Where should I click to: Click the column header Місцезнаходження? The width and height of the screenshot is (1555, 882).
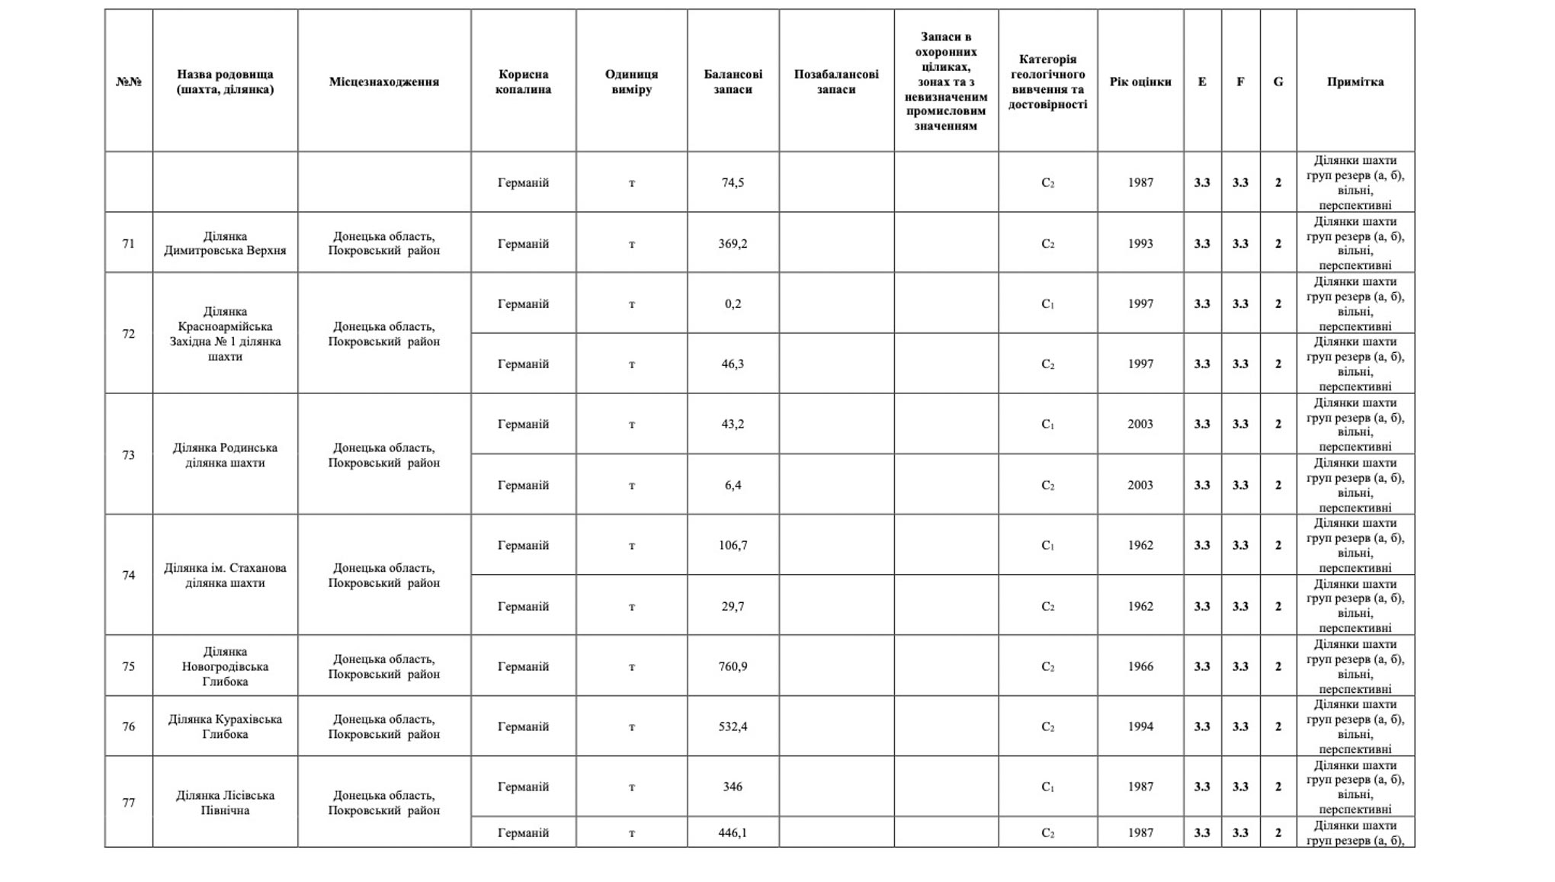383,82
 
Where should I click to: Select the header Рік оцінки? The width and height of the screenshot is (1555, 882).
1140,82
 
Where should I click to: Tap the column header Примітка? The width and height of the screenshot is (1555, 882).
1355,82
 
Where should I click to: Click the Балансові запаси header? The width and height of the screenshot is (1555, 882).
733,82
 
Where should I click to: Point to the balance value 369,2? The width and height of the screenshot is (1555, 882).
733,244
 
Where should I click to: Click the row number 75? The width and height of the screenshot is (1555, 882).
128,666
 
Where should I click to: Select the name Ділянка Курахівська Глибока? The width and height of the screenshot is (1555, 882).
225,726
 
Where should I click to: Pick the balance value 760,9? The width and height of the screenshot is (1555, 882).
733,666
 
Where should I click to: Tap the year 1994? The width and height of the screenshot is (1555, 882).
1140,726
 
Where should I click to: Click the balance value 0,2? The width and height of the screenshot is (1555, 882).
733,303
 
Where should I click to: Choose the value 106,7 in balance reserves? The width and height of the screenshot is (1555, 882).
733,545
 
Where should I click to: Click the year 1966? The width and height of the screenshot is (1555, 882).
1140,666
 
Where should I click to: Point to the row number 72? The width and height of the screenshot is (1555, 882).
128,334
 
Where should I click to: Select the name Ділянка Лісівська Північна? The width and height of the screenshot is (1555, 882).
225,803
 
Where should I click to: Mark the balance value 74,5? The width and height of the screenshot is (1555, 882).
733,183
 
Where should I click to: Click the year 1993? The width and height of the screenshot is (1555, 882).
1140,244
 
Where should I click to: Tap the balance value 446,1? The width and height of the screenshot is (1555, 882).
733,833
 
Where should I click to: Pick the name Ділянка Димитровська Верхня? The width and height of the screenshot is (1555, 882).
225,243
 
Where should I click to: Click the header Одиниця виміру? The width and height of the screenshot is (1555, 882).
631,82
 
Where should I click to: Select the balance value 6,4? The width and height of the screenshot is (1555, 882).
733,485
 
